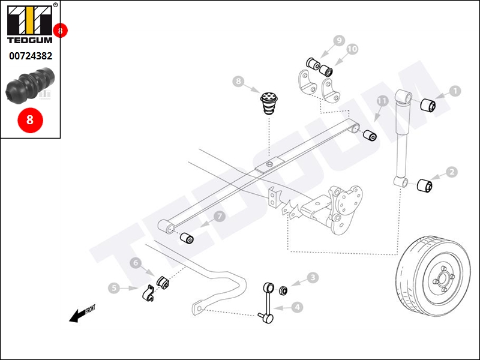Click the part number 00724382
tap(31, 56)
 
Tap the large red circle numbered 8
tap(30, 119)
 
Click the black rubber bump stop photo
tap(30, 85)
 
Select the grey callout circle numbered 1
tap(455, 91)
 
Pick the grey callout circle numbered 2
tap(452, 172)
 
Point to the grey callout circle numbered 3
tap(313, 278)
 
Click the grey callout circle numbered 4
tap(297, 307)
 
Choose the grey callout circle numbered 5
tap(114, 288)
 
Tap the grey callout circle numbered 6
tap(136, 263)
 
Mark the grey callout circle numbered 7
tap(219, 217)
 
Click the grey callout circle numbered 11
tap(382, 101)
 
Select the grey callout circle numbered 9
tap(339, 40)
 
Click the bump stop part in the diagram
tap(269, 103)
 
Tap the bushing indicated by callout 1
tap(428, 106)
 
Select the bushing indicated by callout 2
tap(425, 185)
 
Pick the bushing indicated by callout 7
tap(187, 238)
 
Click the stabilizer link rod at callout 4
tap(267, 302)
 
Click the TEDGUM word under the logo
tap(29, 40)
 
